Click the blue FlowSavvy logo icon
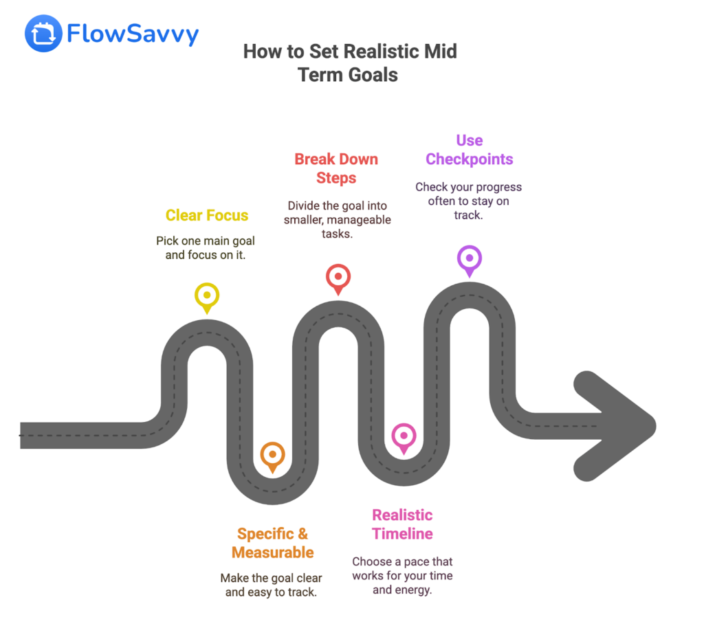tap(43, 33)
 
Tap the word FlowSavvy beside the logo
tap(133, 34)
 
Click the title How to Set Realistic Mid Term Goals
tap(349, 63)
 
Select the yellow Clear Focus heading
tap(207, 215)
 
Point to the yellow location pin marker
tap(206, 296)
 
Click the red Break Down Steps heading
tap(336, 168)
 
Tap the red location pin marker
tap(338, 278)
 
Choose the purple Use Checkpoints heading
tap(469, 150)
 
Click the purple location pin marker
tap(469, 259)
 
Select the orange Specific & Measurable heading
tap(272, 543)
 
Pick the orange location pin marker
tap(272, 455)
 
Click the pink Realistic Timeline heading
tap(402, 524)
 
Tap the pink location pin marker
tap(403, 436)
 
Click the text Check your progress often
tap(468, 201)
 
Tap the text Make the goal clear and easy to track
tap(271, 585)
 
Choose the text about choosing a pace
tap(402, 575)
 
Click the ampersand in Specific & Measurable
tap(300, 534)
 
